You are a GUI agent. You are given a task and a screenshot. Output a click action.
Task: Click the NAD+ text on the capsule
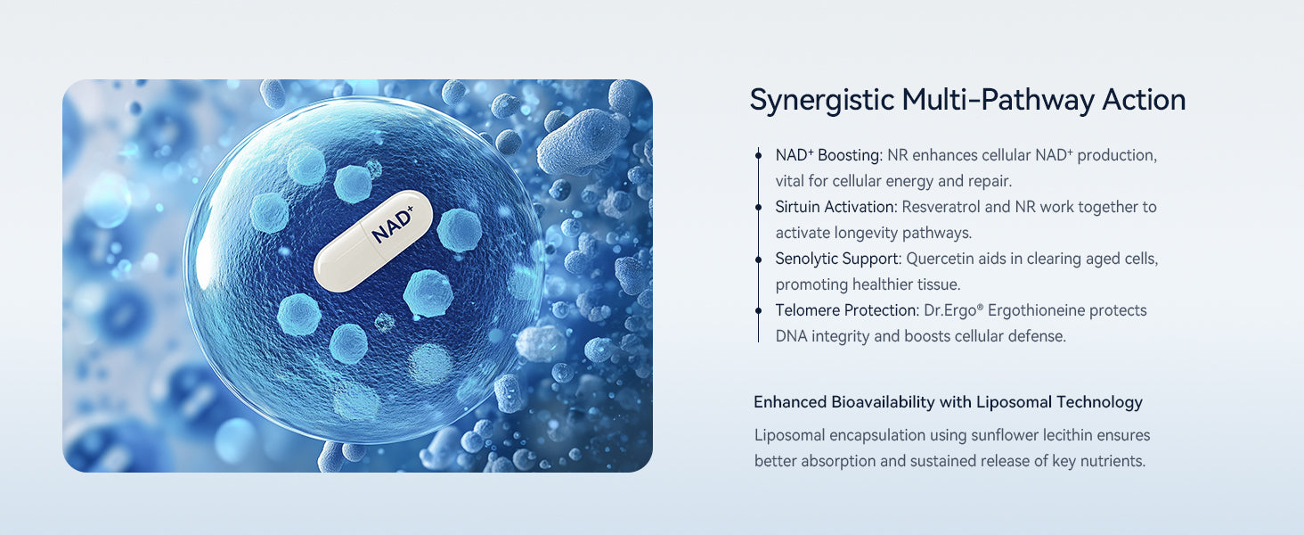click(393, 225)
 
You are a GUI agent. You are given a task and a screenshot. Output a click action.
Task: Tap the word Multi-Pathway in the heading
click(998, 101)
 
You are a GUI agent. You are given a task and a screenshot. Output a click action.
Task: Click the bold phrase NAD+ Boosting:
click(829, 156)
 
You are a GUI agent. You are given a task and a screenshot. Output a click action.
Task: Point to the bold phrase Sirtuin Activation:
click(836, 207)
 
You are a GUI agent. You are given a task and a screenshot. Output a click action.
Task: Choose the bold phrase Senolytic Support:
click(838, 259)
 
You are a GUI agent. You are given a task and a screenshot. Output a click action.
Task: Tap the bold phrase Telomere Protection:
click(847, 310)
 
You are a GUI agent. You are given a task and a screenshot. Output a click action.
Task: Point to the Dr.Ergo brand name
click(953, 310)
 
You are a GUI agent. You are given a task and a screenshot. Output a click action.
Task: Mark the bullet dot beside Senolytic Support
click(758, 259)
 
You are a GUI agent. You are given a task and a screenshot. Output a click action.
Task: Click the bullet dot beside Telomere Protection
click(758, 310)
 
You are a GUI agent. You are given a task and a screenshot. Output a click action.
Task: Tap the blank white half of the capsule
click(340, 262)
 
